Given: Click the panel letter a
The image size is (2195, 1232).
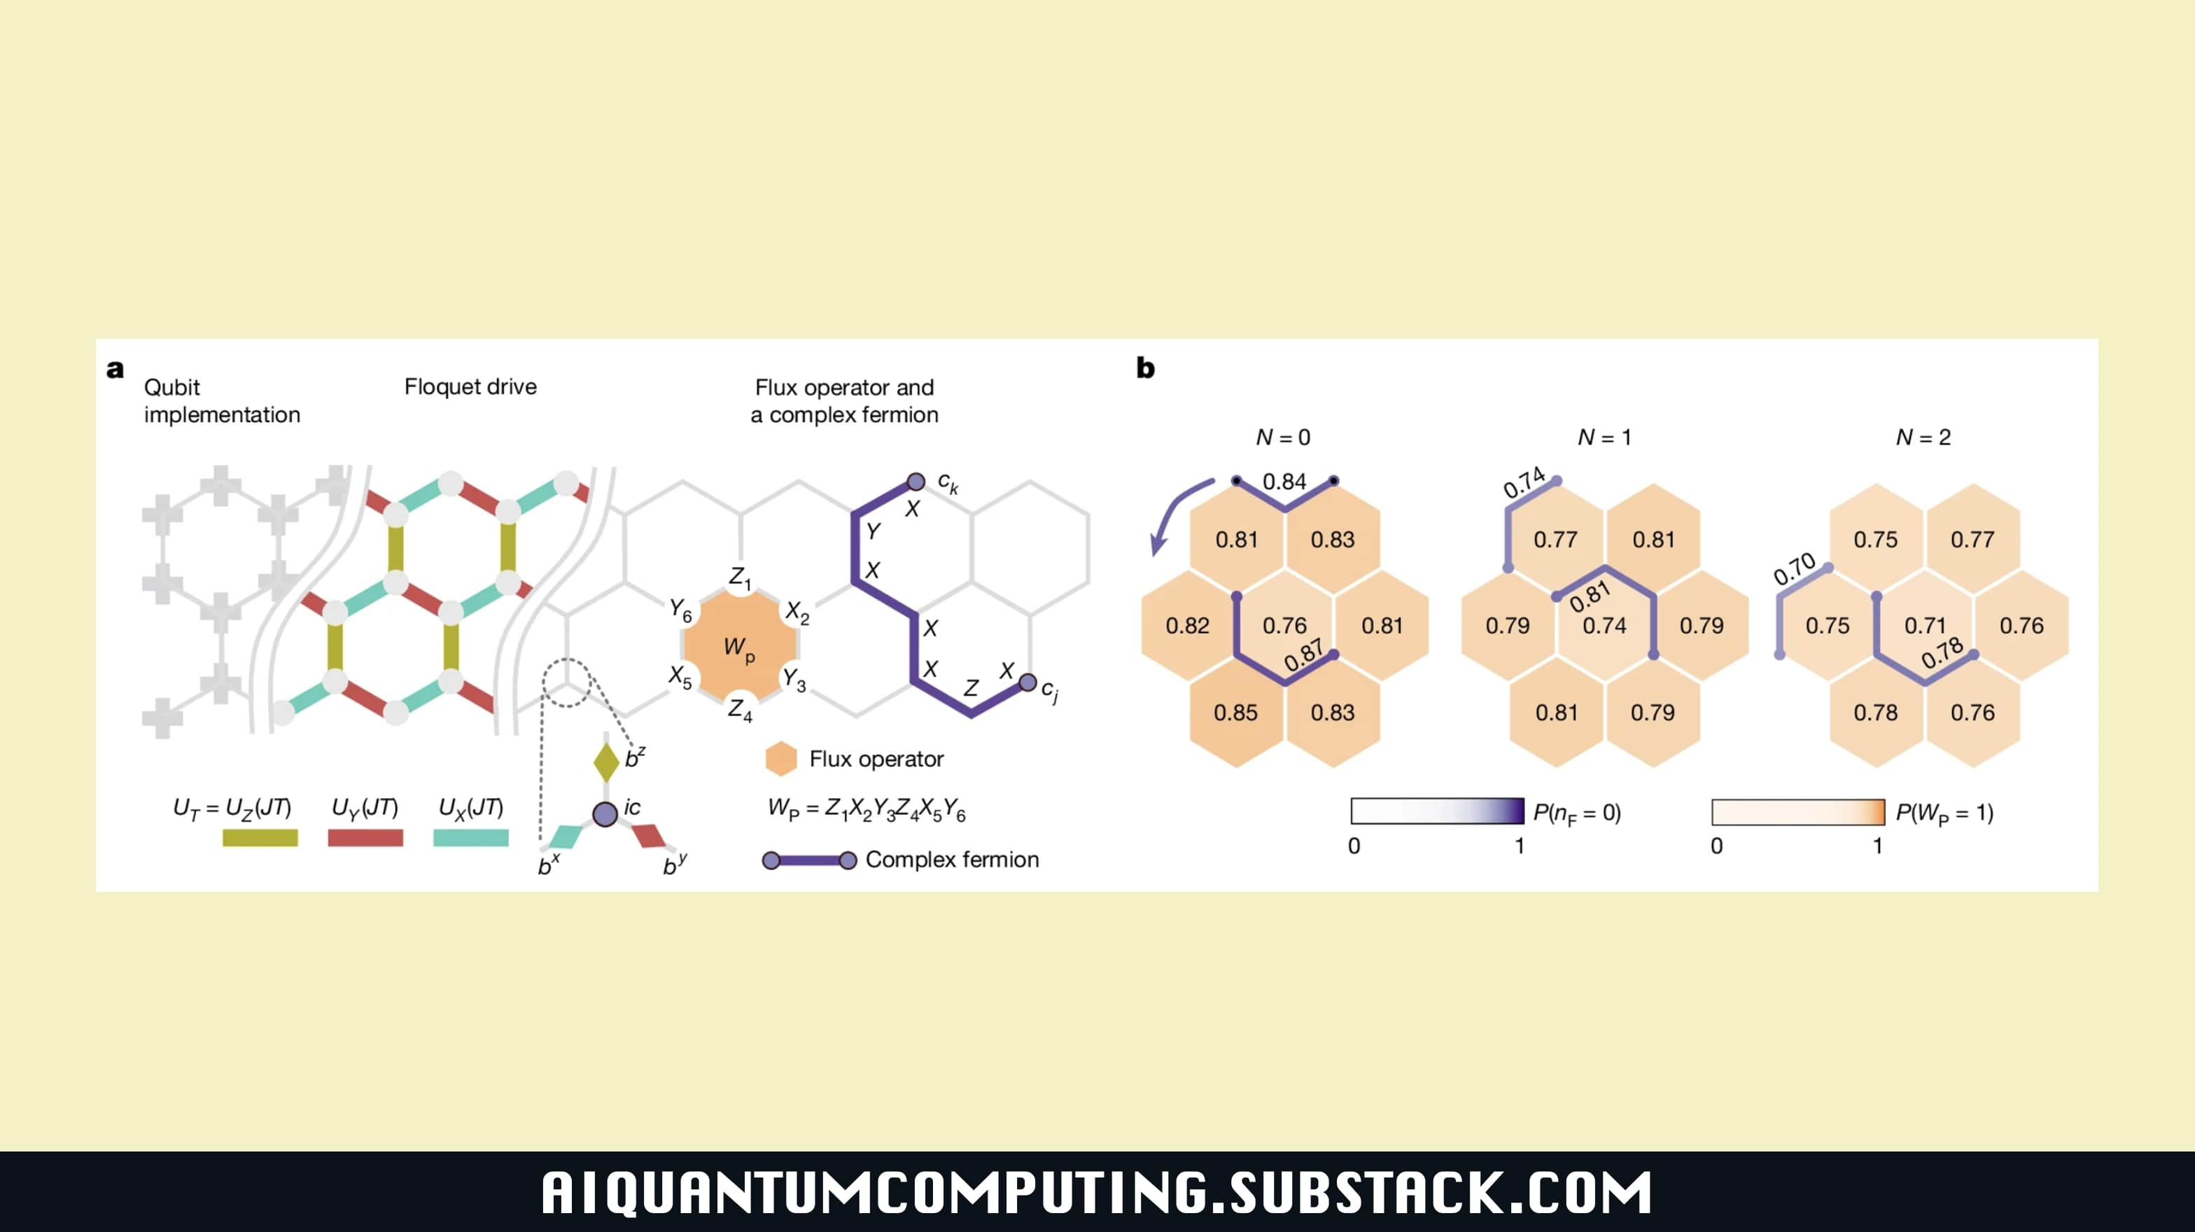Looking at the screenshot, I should (x=115, y=369).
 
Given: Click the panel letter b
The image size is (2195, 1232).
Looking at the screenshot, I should (x=1145, y=368).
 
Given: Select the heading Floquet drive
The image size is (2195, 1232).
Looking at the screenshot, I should (x=470, y=387).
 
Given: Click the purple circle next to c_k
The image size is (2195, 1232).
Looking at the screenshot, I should (x=916, y=482).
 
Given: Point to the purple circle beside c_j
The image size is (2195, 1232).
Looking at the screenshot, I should (x=1028, y=682).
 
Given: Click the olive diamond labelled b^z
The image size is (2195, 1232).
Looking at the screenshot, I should (x=606, y=762).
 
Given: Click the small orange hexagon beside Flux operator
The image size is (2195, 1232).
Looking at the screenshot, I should (x=780, y=758).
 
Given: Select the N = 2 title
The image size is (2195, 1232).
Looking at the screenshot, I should (x=1923, y=437).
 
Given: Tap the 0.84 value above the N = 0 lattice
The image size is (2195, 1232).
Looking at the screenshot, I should (x=1284, y=482).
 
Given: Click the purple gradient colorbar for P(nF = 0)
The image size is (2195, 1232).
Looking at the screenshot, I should (x=1437, y=811).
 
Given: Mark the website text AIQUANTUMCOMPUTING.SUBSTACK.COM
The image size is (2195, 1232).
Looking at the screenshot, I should (x=1097, y=1192).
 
